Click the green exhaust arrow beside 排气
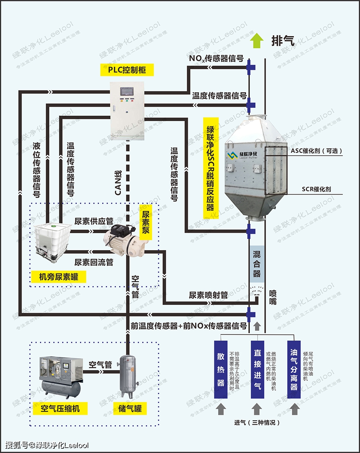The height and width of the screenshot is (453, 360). [x=257, y=40]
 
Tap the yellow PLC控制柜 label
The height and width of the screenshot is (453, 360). [x=127, y=70]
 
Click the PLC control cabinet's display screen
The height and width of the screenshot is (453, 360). [x=127, y=91]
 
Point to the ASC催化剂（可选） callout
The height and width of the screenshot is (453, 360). [x=316, y=151]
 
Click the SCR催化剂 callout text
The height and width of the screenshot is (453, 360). [x=316, y=189]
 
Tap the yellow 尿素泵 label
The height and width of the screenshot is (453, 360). [x=145, y=222]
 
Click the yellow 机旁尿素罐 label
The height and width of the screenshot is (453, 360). [x=58, y=277]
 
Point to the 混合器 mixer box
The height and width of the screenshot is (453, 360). [x=257, y=264]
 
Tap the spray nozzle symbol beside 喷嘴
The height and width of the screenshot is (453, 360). [x=257, y=290]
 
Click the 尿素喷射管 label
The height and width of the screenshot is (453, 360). [x=208, y=295]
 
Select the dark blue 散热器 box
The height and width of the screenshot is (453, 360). [x=221, y=369]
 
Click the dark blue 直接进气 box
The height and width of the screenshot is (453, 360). [x=257, y=369]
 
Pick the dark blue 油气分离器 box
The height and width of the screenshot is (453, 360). [x=294, y=369]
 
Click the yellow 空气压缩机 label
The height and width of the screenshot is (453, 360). [x=60, y=409]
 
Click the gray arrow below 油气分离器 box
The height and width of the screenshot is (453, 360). [x=294, y=409]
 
